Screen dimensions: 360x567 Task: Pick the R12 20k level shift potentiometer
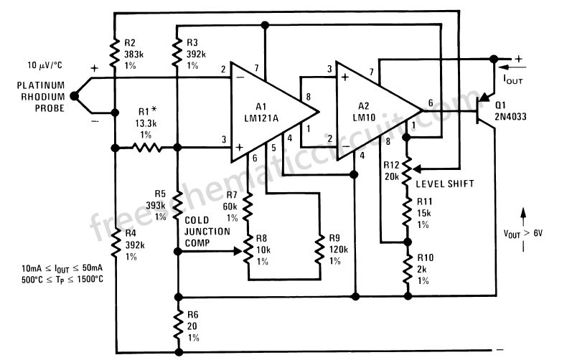pos(407,170)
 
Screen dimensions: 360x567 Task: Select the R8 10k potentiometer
pos(248,250)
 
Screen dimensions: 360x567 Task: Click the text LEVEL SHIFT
pos(445,184)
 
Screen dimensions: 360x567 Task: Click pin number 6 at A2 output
pos(430,103)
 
